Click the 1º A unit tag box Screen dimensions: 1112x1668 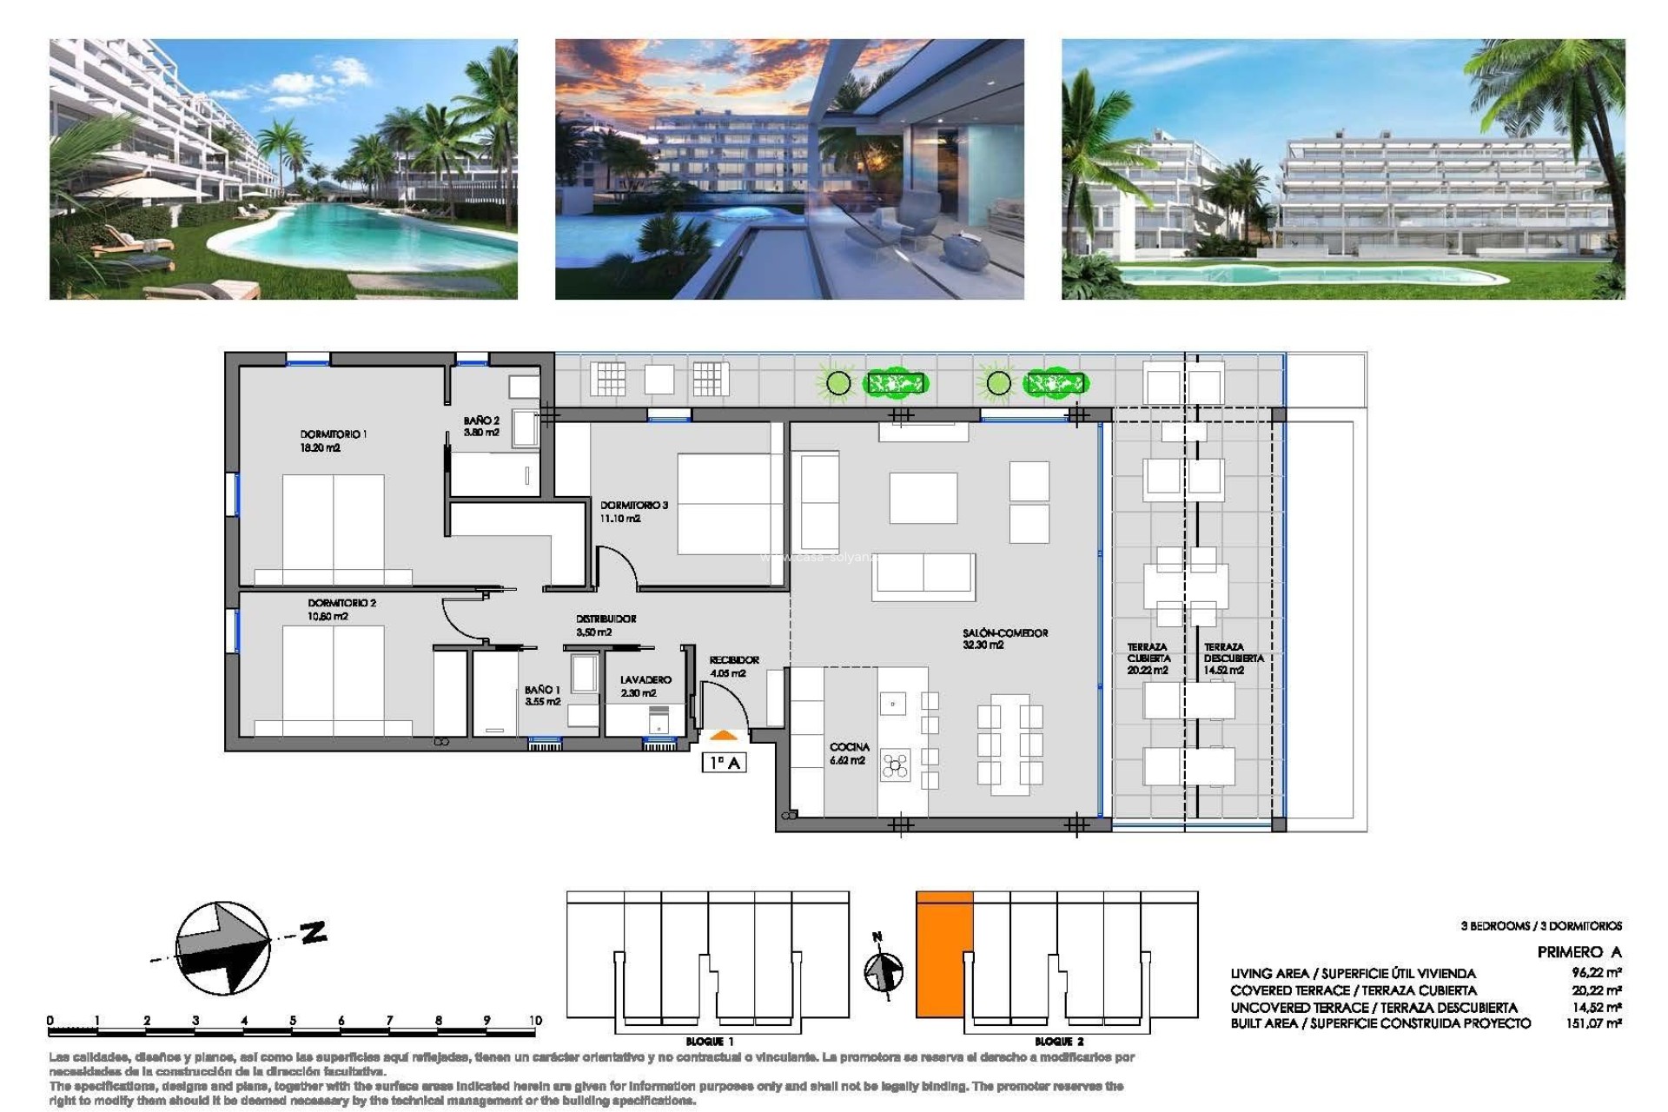(x=724, y=763)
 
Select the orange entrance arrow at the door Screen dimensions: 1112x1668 (x=724, y=736)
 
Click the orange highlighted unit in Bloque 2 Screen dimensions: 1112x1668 (x=943, y=954)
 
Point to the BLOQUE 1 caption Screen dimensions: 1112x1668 (x=709, y=1041)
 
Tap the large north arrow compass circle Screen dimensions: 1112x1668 (x=222, y=948)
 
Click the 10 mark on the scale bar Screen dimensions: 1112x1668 (x=534, y=1021)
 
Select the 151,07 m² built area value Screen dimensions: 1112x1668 (x=1593, y=1023)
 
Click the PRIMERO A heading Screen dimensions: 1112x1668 (x=1579, y=952)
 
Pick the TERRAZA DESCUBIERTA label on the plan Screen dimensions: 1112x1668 (x=1232, y=658)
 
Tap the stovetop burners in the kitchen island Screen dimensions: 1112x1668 (x=895, y=764)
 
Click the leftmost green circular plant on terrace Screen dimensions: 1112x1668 (x=837, y=382)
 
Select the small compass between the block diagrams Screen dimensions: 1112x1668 (x=884, y=970)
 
